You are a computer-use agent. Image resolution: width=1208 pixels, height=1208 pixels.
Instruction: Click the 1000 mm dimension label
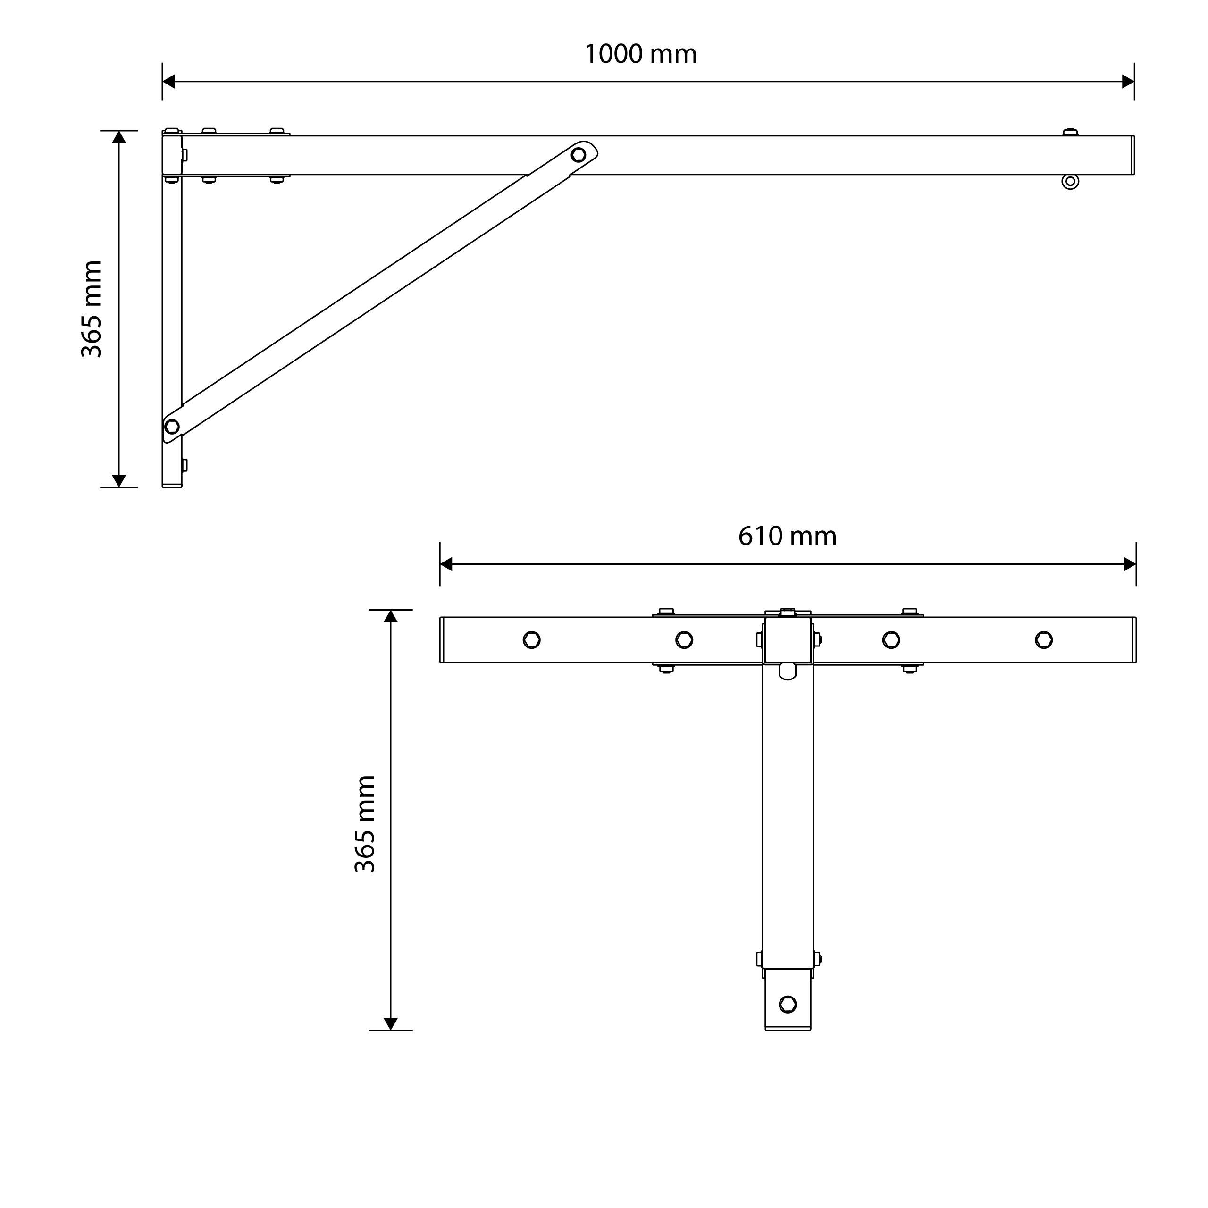pos(640,54)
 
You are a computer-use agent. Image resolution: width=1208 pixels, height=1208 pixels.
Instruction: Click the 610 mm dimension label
pos(787,537)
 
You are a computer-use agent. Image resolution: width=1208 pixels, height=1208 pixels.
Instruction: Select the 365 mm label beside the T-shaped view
pos(365,824)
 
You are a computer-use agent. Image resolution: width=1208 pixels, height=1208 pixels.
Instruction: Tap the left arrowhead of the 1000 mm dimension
pos(168,81)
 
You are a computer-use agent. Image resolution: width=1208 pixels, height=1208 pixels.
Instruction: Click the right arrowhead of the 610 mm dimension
pos(1129,564)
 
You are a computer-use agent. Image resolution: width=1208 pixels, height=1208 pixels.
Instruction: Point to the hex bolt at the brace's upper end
pos(579,154)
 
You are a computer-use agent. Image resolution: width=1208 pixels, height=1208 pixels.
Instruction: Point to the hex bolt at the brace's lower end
pos(172,427)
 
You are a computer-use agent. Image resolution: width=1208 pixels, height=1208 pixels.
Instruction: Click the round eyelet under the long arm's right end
pos(1070,181)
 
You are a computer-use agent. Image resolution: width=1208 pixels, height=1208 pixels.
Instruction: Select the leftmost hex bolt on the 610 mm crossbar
pos(531,640)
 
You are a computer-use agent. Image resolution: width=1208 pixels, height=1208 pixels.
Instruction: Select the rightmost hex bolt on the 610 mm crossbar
pos(1044,640)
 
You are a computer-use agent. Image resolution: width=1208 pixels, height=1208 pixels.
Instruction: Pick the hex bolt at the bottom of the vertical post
pos(788,1004)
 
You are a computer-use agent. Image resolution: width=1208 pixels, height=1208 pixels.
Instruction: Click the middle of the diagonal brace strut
pos(375,291)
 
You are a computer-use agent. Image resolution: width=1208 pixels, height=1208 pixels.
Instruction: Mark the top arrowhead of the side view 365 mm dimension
pos(119,137)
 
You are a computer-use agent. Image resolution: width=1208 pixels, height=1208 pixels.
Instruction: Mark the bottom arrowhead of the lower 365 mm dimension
pos(391,1023)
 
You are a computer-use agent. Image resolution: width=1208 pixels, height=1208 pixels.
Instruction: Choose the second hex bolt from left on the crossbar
pos(684,640)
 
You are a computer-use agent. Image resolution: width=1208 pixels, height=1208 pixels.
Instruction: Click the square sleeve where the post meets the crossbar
pos(788,640)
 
